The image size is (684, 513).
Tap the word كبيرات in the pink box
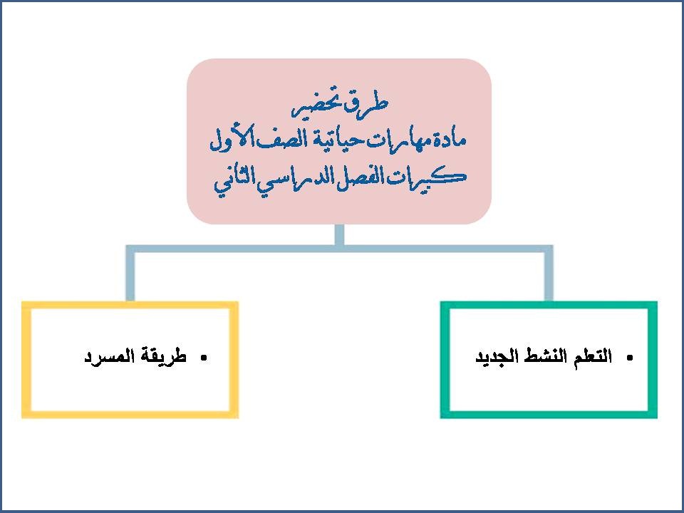pos(433,177)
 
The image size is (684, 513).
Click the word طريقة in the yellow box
pos(163,357)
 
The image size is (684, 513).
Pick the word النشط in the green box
pos(549,357)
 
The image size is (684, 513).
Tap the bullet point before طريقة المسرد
pos(203,358)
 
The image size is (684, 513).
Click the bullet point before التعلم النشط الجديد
pos(628,358)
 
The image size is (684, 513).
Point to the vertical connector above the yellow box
pos(130,274)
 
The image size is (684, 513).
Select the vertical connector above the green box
pos(549,274)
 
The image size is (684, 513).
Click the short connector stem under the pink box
pos(339,235)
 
